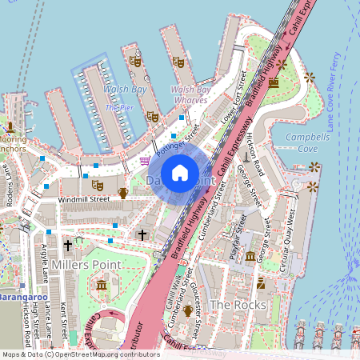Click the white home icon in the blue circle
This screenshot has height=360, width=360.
(x=180, y=173)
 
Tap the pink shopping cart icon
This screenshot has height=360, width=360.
(x=144, y=160)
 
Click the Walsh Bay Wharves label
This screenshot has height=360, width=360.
(x=190, y=95)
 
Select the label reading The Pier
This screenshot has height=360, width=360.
(x=118, y=107)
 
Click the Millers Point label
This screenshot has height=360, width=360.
(x=86, y=264)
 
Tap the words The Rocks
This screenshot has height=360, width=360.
(x=231, y=305)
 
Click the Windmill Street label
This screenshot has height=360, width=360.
(x=83, y=198)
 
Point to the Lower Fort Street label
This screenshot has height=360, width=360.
(x=233, y=97)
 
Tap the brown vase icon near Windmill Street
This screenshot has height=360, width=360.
(x=123, y=193)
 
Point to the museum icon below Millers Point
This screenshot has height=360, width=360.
(x=102, y=285)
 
